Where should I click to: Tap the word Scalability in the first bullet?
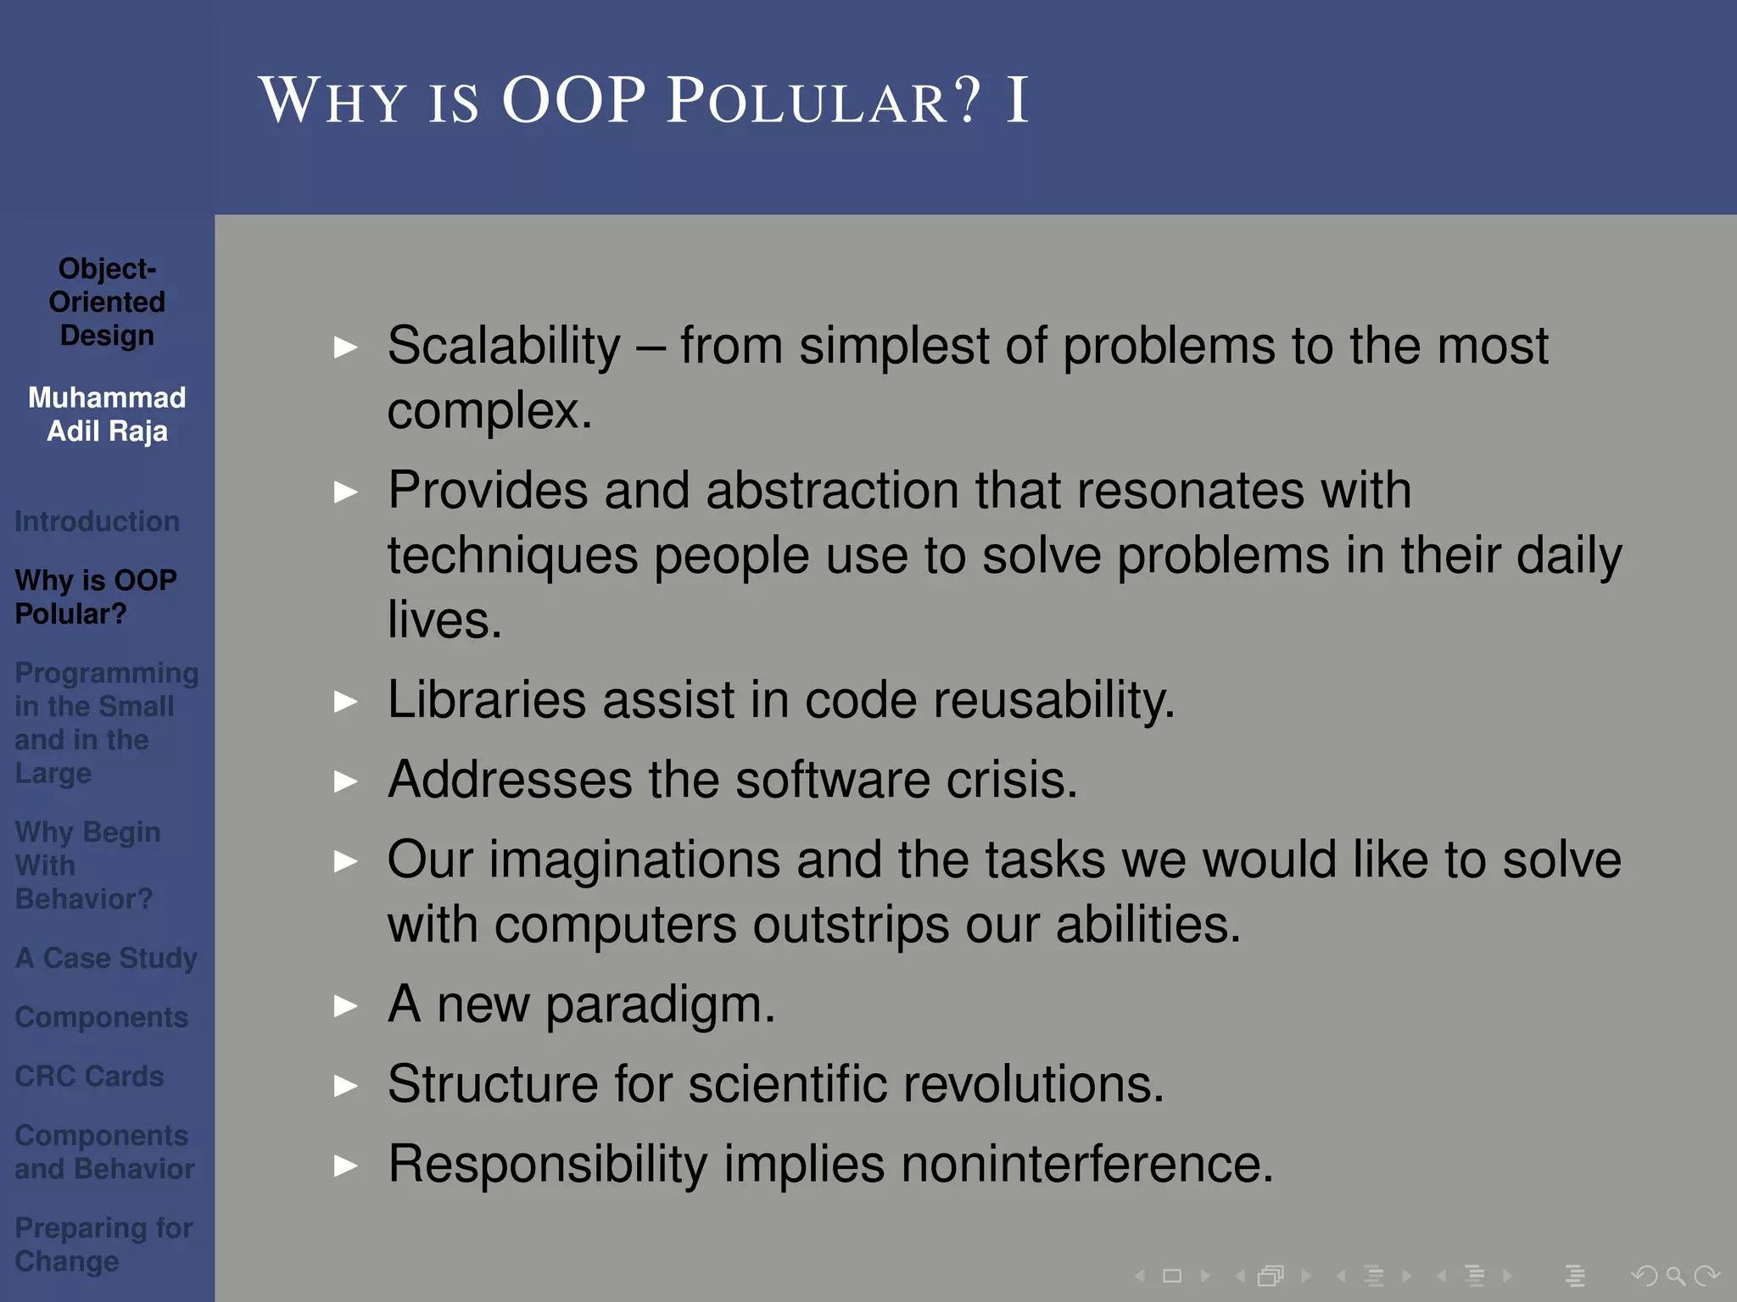click(x=504, y=347)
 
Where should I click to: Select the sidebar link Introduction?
click(x=97, y=521)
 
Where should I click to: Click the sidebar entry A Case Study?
click(x=106, y=958)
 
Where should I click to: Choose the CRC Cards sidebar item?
click(x=89, y=1076)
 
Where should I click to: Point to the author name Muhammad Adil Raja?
click(x=107, y=415)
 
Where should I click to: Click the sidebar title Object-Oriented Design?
click(x=107, y=302)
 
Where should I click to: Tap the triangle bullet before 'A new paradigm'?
click(x=345, y=1006)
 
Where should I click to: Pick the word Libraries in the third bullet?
click(x=486, y=700)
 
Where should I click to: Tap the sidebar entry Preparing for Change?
click(x=103, y=1244)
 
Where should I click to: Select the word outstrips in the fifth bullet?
click(x=850, y=924)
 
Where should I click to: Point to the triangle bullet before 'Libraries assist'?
click(x=345, y=702)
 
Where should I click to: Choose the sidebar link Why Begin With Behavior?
click(x=87, y=865)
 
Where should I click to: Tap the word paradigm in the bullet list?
click(x=659, y=1005)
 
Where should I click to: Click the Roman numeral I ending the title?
click(x=1017, y=102)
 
